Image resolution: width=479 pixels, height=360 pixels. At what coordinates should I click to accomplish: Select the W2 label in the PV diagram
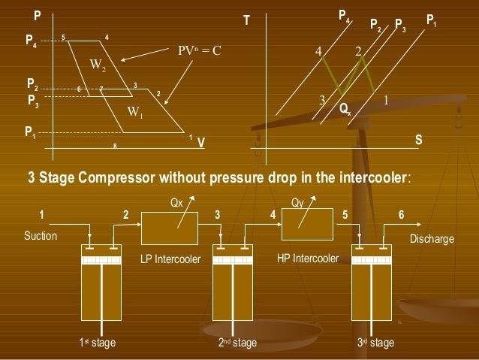[98, 65]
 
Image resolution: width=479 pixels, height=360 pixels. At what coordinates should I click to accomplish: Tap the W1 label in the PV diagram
[135, 113]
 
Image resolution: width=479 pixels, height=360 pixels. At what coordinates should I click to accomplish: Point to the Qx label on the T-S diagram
[345, 110]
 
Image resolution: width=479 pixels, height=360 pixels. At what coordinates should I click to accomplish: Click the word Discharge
[432, 240]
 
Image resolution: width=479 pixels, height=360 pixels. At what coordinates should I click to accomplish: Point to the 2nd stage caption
[237, 343]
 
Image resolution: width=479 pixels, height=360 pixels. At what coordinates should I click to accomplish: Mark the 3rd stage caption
[375, 343]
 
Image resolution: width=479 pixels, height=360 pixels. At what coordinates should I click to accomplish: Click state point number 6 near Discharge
[402, 215]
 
